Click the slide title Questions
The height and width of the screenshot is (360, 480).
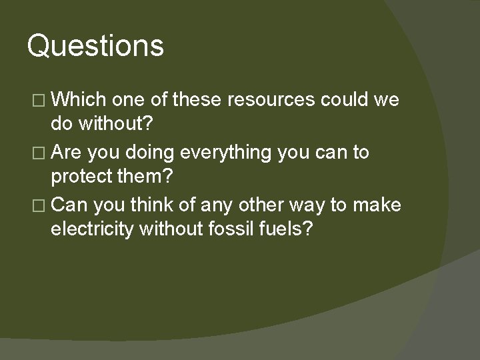tap(95, 47)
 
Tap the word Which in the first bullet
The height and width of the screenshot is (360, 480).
tap(79, 100)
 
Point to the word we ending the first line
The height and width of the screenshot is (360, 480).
tap(387, 101)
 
